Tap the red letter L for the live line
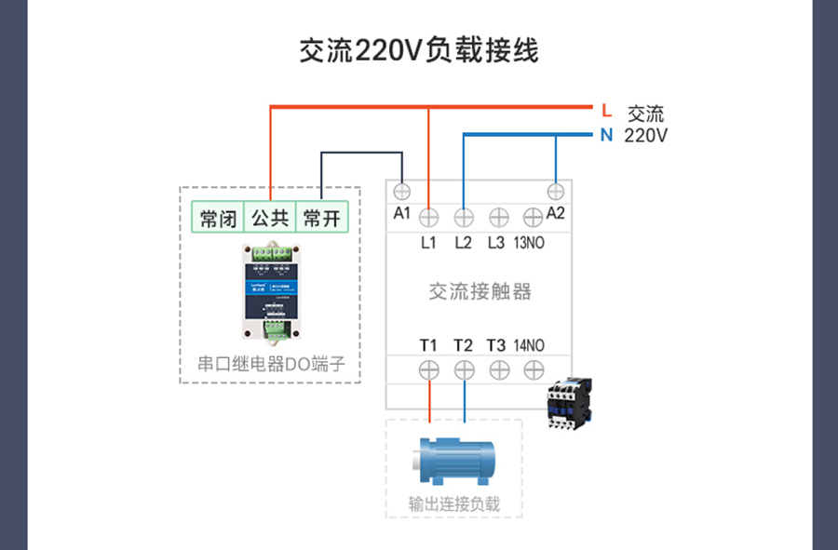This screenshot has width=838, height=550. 606,111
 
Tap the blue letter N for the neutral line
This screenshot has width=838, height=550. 606,136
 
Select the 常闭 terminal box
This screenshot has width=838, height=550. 218,219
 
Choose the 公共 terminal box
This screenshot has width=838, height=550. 270,219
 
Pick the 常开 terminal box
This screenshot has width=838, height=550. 322,219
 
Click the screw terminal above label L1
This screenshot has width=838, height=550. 428,218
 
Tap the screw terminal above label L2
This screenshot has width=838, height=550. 464,218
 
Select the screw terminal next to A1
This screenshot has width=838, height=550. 402,192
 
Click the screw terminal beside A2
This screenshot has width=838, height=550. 556,192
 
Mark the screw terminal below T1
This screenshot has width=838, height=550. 428,369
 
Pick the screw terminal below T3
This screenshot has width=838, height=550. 497,369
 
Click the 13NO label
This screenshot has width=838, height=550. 529,244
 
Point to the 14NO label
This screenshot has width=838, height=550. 529,345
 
